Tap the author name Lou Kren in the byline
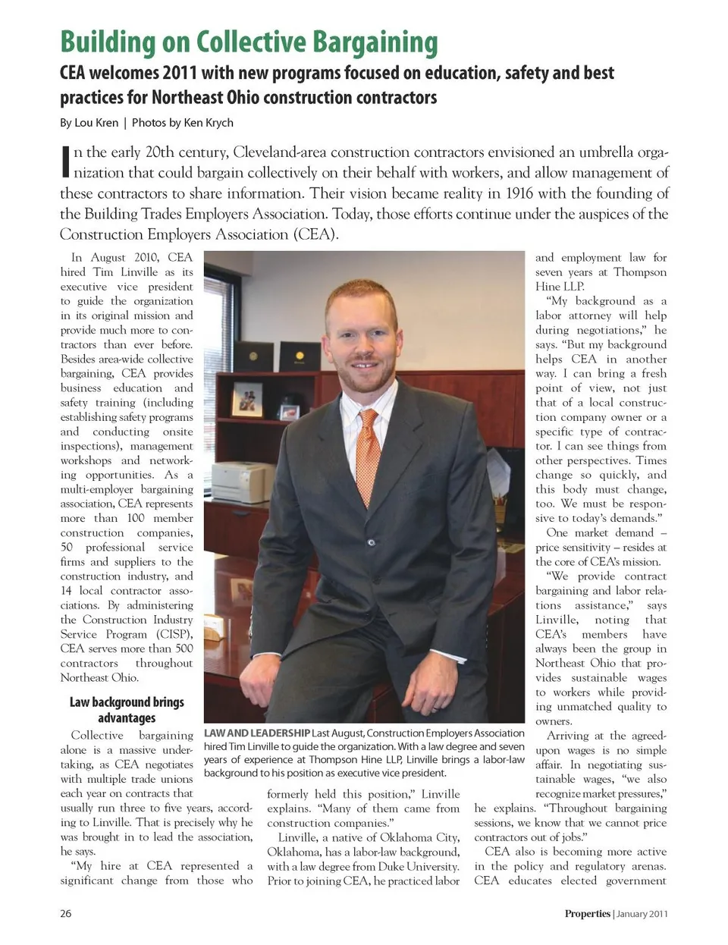96,122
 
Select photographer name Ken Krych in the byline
209,122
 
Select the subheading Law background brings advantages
127,709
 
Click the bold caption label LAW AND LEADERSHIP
257,733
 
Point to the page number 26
66,913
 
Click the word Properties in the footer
587,913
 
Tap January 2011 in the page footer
642,913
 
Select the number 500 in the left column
184,648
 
